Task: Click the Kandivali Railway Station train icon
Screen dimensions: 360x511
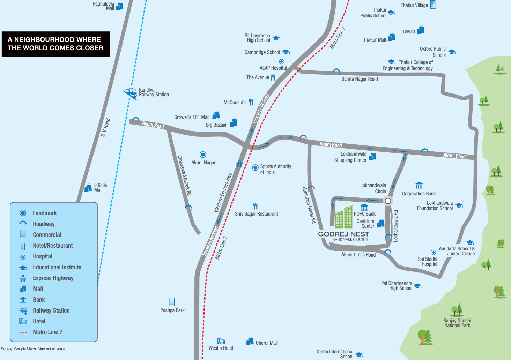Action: click(x=131, y=93)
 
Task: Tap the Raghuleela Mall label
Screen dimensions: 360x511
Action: click(x=103, y=6)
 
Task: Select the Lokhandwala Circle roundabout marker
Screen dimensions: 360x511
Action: click(x=388, y=201)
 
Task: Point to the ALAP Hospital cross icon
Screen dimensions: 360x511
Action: click(x=281, y=62)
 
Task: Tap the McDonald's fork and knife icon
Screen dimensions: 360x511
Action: click(x=251, y=102)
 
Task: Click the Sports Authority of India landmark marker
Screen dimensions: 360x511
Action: click(x=255, y=167)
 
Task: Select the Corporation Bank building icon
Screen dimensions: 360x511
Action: click(x=419, y=185)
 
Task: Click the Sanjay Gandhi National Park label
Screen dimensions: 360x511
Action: click(x=457, y=323)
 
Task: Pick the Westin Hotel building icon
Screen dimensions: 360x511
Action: click(x=221, y=341)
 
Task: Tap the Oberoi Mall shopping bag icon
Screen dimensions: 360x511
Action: click(x=250, y=341)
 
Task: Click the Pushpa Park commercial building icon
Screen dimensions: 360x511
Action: click(x=172, y=301)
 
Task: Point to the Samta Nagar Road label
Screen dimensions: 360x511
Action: click(x=360, y=79)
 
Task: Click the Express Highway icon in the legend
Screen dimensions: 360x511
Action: click(x=23, y=278)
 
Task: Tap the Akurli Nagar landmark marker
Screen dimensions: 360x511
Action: click(x=203, y=155)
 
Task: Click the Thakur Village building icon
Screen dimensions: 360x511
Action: click(x=433, y=5)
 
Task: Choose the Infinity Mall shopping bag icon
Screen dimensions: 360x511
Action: click(x=88, y=188)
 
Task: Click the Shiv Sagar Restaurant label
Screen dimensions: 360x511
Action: click(x=257, y=214)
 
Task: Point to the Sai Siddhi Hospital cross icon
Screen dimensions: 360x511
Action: click(x=433, y=252)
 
